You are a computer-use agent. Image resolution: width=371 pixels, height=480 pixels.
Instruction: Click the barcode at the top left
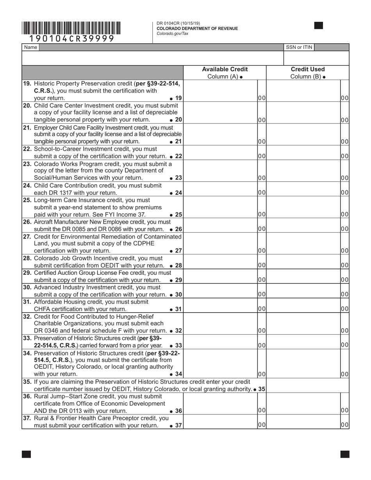click(71, 28)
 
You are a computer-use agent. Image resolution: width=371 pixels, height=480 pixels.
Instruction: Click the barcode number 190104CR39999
click(72, 39)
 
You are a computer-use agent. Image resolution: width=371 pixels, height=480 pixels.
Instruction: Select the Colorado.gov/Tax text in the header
click(172, 34)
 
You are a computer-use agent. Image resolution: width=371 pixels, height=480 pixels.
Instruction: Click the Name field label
click(30, 47)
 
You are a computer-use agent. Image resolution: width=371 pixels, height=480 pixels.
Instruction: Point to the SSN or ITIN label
click(299, 47)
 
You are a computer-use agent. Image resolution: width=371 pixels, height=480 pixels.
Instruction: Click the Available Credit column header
click(225, 69)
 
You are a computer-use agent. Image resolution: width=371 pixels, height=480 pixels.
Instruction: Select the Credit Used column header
click(307, 69)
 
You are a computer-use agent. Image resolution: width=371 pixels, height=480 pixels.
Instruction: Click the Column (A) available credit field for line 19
click(220, 91)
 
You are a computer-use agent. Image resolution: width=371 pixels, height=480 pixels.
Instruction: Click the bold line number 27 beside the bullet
click(178, 251)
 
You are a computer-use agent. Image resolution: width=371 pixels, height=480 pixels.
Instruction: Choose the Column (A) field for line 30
click(220, 291)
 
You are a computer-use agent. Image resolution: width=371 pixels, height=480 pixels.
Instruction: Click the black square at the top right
click(319, 26)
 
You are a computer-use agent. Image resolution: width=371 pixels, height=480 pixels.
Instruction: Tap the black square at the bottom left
click(27, 454)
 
